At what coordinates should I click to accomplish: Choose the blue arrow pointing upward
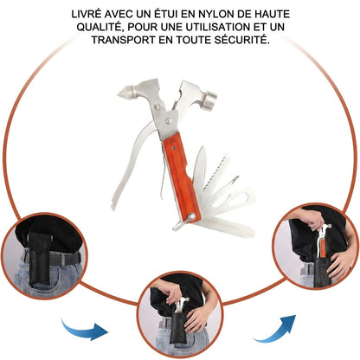pos(275,329)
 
